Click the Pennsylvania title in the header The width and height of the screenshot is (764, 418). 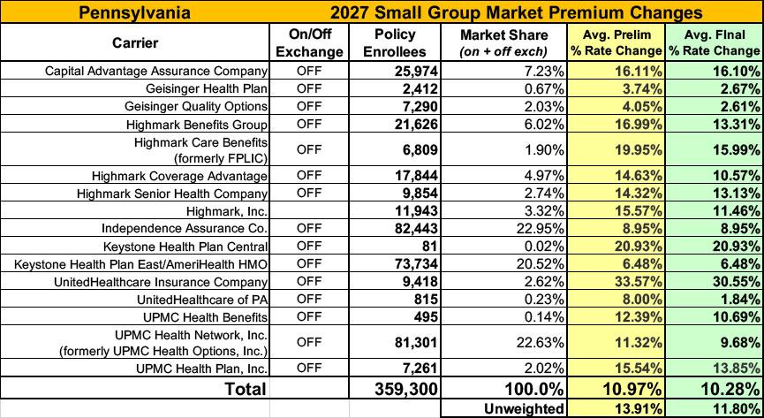pyautogui.click(x=134, y=11)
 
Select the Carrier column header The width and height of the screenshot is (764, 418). pyautogui.click(x=135, y=43)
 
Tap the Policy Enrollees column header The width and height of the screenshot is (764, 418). pyautogui.click(x=395, y=43)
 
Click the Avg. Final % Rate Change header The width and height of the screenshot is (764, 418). pyautogui.click(x=715, y=43)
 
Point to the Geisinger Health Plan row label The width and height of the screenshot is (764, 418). pyautogui.click(x=206, y=88)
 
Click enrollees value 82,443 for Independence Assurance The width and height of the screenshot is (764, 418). pyautogui.click(x=416, y=229)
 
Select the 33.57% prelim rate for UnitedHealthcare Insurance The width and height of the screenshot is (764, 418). pyautogui.click(x=639, y=282)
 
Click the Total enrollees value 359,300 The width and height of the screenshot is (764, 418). pyautogui.click(x=407, y=389)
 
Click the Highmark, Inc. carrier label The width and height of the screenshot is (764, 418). pyautogui.click(x=227, y=211)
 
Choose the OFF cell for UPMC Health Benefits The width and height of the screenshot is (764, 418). pyautogui.click(x=309, y=317)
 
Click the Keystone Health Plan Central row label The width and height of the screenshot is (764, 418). pyautogui.click(x=185, y=247)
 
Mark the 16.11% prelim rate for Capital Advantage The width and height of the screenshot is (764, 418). pyautogui.click(x=639, y=72)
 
